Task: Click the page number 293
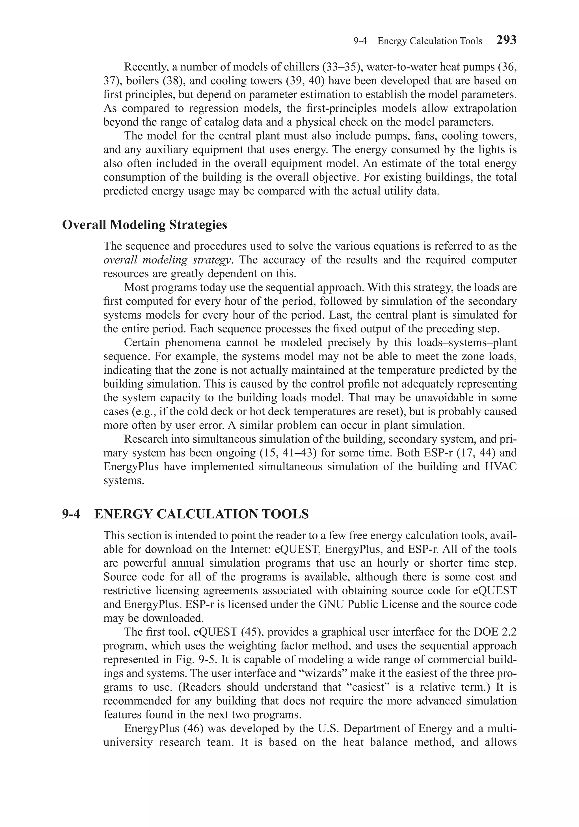pyautogui.click(x=506, y=40)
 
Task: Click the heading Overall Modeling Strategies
pyautogui.click(x=144, y=225)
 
